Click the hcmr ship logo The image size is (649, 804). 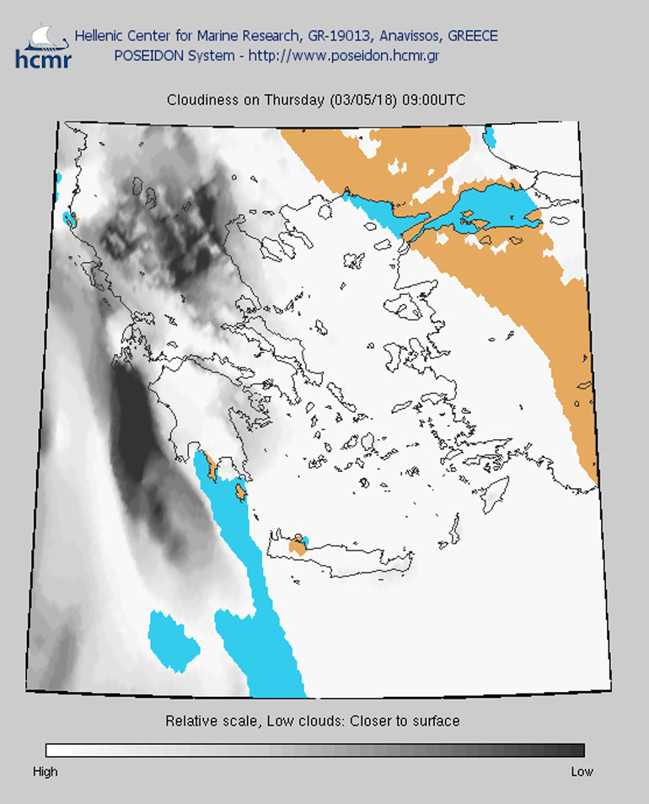coord(42,45)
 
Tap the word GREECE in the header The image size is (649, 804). coord(472,36)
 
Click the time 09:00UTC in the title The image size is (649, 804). coord(433,99)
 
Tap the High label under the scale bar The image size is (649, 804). coord(46,771)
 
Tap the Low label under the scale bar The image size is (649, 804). coord(582,771)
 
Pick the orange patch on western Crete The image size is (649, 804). coord(297,546)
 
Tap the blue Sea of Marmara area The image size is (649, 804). coord(497,208)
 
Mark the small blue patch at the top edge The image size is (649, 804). coord(489,136)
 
